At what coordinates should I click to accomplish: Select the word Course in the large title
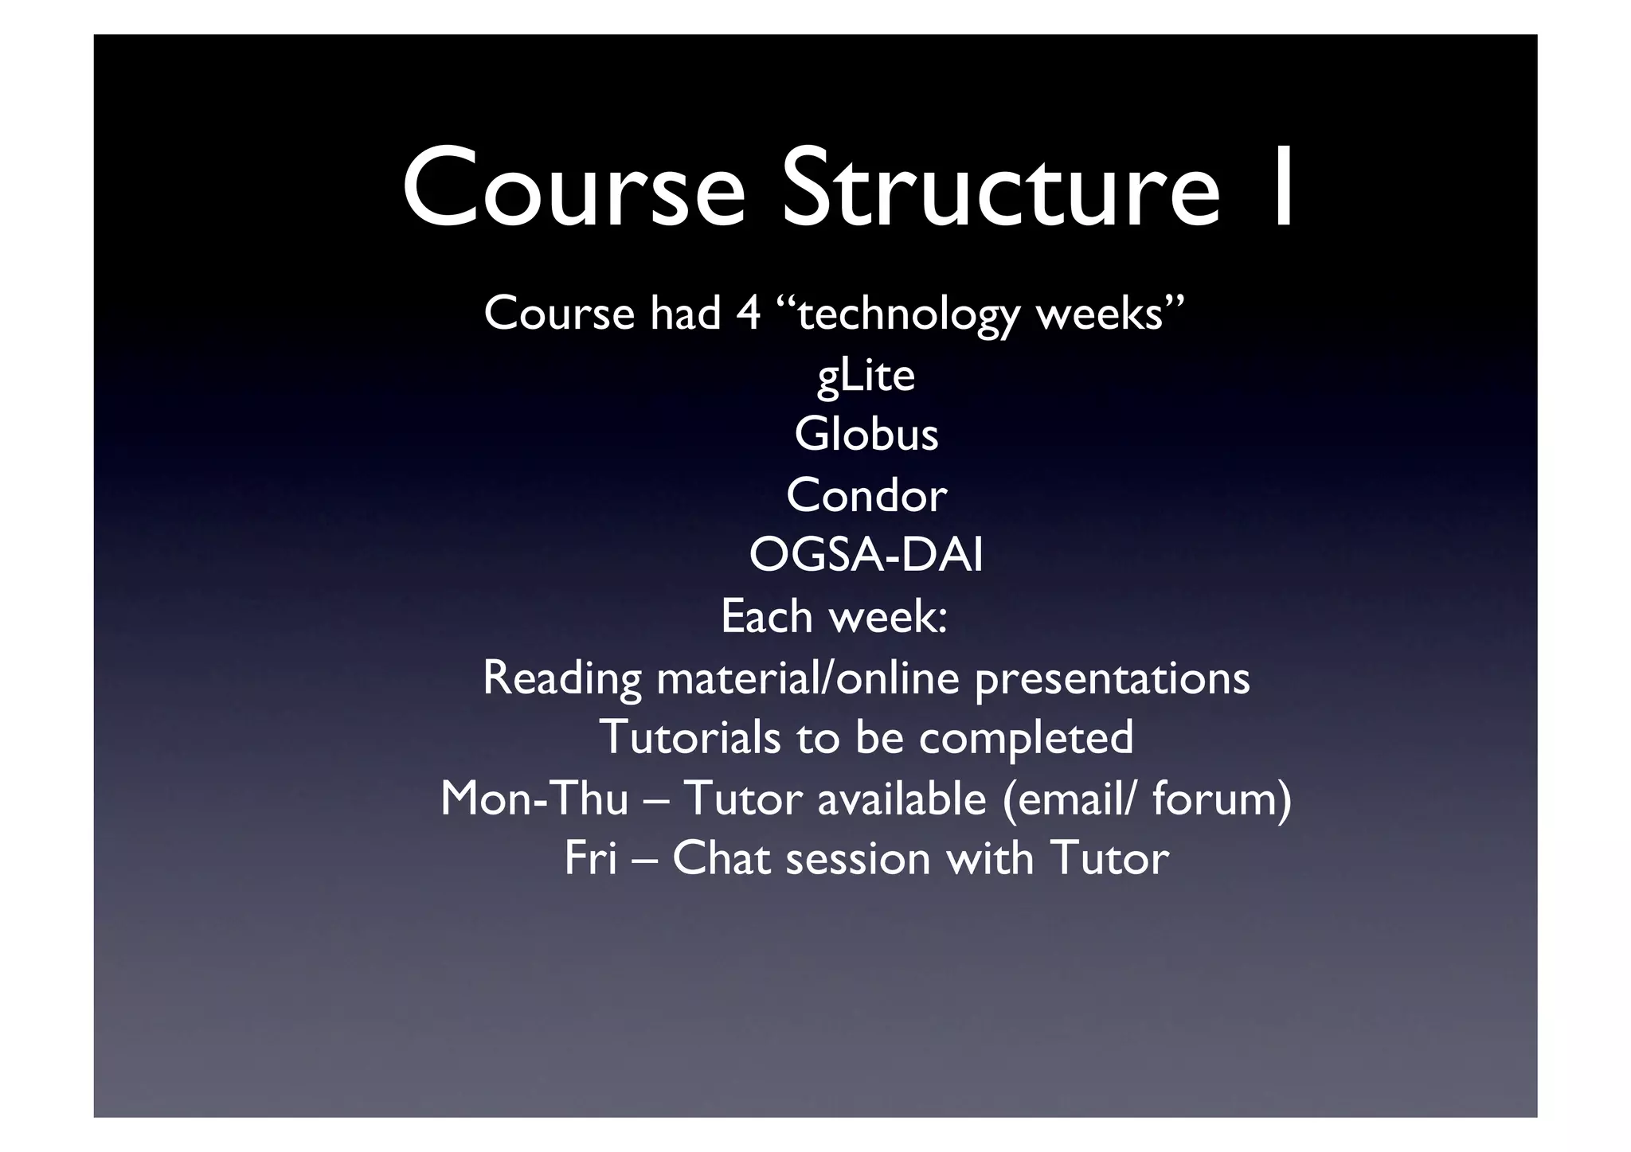pyautogui.click(x=573, y=189)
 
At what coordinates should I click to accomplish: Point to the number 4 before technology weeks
pyautogui.click(x=748, y=313)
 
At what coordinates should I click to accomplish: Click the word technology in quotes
pyautogui.click(x=908, y=314)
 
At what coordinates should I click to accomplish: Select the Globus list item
pyautogui.click(x=866, y=435)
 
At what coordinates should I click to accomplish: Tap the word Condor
pyautogui.click(x=866, y=495)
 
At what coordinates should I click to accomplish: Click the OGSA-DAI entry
pyautogui.click(x=866, y=556)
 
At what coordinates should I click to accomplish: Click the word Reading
pyautogui.click(x=561, y=678)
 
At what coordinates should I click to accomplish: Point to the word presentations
pyautogui.click(x=1112, y=679)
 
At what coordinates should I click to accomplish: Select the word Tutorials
pyautogui.click(x=690, y=737)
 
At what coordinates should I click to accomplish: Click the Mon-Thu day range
pyautogui.click(x=534, y=799)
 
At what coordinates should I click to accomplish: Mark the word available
pyautogui.click(x=902, y=799)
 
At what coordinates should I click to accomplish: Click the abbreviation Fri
pyautogui.click(x=590, y=859)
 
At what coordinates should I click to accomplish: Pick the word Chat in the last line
pyautogui.click(x=722, y=859)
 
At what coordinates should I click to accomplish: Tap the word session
pyautogui.click(x=858, y=859)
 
